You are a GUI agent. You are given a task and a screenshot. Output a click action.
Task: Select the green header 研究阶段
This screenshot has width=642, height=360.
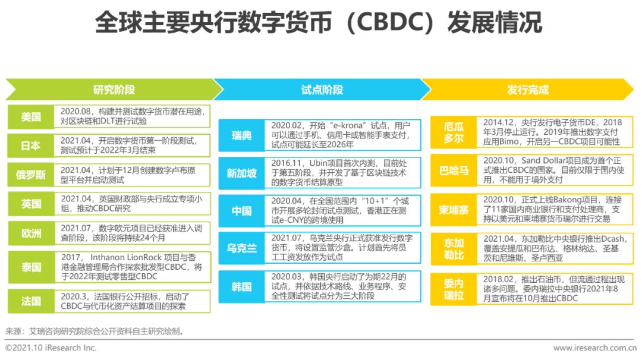click(x=114, y=90)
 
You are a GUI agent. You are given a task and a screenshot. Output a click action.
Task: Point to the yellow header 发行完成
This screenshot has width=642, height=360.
click(x=527, y=90)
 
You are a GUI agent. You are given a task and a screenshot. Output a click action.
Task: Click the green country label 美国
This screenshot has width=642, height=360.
click(x=31, y=117)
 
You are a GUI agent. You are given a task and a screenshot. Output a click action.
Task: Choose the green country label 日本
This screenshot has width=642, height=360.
click(x=31, y=146)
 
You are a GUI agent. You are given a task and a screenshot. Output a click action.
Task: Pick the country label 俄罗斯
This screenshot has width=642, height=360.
click(x=31, y=175)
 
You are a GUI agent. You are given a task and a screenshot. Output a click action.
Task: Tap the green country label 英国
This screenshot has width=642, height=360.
click(x=31, y=204)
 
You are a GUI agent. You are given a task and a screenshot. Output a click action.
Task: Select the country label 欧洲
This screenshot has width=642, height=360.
click(x=31, y=233)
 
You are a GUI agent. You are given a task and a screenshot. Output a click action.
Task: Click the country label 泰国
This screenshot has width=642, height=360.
click(x=31, y=267)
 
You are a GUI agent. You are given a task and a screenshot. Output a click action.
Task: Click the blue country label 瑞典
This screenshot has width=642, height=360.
click(x=241, y=135)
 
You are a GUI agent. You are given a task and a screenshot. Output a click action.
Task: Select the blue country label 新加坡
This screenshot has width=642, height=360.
click(x=241, y=173)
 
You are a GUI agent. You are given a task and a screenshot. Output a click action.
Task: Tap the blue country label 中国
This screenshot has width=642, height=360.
click(x=241, y=211)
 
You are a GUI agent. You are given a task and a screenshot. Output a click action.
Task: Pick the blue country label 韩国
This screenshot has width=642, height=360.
click(x=241, y=286)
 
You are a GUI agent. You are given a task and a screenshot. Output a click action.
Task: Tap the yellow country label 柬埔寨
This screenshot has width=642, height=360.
click(x=454, y=210)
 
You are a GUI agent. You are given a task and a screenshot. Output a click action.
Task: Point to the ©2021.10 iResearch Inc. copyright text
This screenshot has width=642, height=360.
click(x=51, y=348)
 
